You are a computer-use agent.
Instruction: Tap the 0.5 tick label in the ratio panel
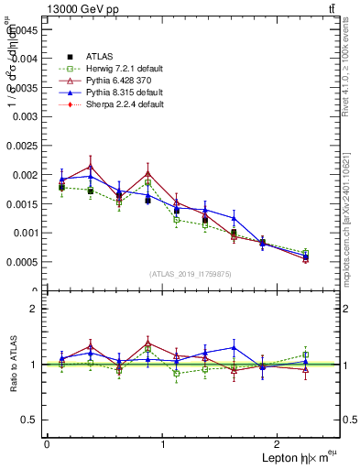30,420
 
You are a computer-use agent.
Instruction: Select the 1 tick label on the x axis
163,444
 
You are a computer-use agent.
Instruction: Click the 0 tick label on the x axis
47,444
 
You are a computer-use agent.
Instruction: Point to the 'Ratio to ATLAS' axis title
11,365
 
